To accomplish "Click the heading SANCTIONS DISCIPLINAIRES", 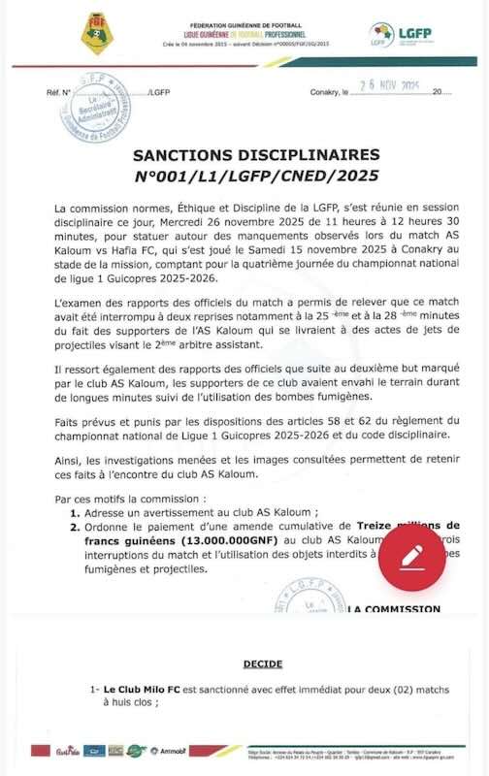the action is coord(244,155).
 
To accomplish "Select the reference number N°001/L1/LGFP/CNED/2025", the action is coord(244,177).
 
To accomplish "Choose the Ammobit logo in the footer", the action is coord(174,750).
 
